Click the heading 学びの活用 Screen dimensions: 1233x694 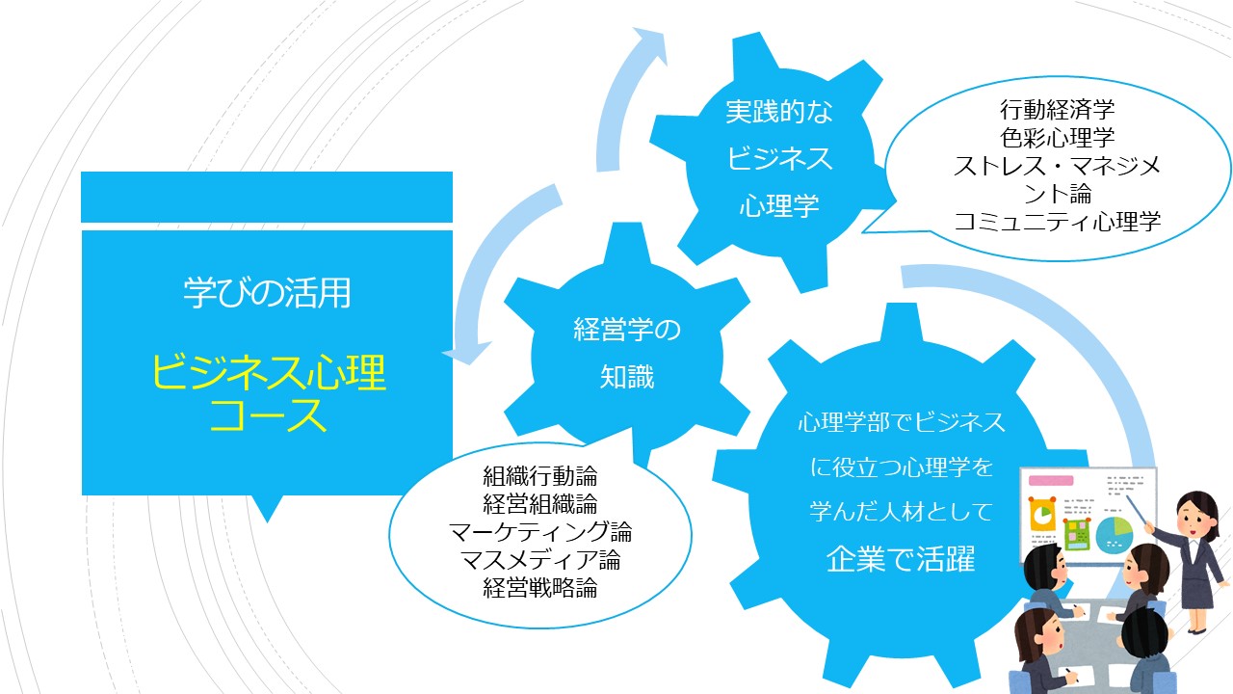click(x=267, y=292)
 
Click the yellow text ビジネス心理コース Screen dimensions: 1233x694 click(x=268, y=392)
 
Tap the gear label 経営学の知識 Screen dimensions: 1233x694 click(x=627, y=354)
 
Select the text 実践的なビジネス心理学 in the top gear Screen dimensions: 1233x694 click(x=779, y=159)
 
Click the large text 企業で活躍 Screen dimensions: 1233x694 click(x=901, y=558)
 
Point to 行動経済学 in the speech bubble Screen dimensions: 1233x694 click(x=1058, y=110)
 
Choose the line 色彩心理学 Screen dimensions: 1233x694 click(x=1058, y=138)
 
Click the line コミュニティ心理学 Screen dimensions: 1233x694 click(x=1058, y=222)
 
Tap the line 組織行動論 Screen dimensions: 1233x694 click(x=540, y=476)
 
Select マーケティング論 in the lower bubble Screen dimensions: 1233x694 click(x=540, y=532)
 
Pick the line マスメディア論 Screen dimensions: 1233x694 click(x=540, y=560)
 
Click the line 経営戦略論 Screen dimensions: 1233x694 click(x=540, y=588)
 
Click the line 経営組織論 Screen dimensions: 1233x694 click(x=540, y=504)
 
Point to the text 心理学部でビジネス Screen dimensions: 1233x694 click(x=902, y=422)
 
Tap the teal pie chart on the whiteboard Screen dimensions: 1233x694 click(x=1115, y=535)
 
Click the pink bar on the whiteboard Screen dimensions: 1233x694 click(x=1051, y=481)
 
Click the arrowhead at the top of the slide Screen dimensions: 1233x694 click(x=651, y=44)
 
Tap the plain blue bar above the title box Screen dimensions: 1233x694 click(x=267, y=198)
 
